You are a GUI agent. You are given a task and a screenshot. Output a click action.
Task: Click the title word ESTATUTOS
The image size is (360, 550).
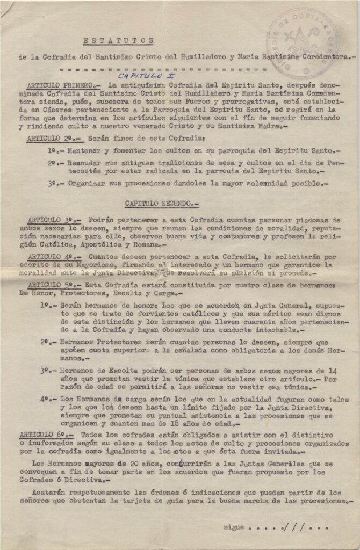(x=119, y=40)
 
